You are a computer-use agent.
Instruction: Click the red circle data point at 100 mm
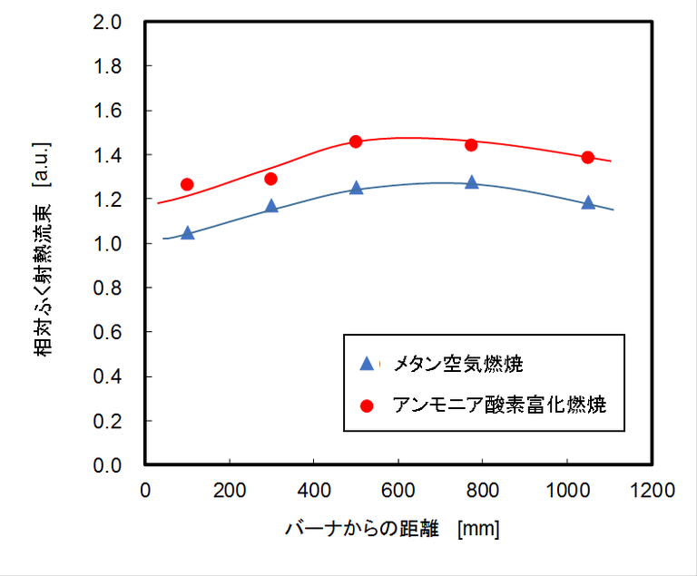[x=187, y=184]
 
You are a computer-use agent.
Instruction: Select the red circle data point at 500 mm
[x=356, y=142]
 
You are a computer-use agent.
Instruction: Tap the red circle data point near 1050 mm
[x=587, y=157]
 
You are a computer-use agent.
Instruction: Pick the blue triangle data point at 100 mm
[x=187, y=233]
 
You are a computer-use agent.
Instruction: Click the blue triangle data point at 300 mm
[x=271, y=207]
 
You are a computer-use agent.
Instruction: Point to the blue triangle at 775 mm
[x=471, y=182]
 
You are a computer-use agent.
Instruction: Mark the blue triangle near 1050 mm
[x=588, y=202]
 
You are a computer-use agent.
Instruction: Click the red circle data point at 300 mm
[x=270, y=179]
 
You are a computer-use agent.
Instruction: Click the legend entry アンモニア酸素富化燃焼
[x=498, y=405]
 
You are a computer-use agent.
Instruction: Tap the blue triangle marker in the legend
[x=367, y=364]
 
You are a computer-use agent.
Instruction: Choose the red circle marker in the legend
[x=367, y=405]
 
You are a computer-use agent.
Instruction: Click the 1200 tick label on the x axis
[x=651, y=491]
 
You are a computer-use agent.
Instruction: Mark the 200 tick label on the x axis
[x=229, y=491]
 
